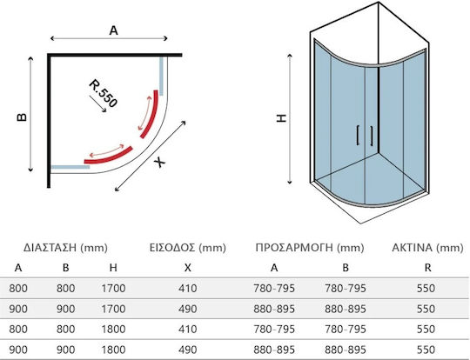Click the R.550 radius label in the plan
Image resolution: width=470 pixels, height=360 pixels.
click(x=103, y=93)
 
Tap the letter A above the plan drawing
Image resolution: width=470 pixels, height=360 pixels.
click(x=114, y=30)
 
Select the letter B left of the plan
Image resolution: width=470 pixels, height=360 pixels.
click(x=22, y=117)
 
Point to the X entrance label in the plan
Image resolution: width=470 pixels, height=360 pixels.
click(x=159, y=163)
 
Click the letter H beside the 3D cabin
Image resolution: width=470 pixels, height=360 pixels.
click(x=281, y=118)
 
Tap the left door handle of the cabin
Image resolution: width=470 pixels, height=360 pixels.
click(x=358, y=136)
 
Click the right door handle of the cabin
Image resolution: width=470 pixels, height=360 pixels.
click(x=372, y=136)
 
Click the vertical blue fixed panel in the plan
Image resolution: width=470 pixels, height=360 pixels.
click(x=161, y=76)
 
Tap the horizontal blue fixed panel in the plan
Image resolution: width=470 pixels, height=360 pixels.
click(x=70, y=167)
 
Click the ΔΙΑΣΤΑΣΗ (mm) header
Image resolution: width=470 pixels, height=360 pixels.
click(x=65, y=248)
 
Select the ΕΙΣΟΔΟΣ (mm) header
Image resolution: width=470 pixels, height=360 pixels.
click(x=188, y=248)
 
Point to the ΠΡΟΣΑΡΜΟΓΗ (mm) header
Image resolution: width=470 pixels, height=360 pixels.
click(x=310, y=248)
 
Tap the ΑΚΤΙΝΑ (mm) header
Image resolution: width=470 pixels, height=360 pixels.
click(x=427, y=248)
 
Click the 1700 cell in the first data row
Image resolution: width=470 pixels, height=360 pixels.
click(x=113, y=289)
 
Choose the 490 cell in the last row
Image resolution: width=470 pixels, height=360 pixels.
click(x=188, y=350)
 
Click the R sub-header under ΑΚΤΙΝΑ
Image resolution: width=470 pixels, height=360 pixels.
click(x=427, y=268)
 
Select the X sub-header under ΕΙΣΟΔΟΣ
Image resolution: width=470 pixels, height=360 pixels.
click(x=188, y=268)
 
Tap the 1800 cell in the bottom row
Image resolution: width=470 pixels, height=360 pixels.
click(x=113, y=350)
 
